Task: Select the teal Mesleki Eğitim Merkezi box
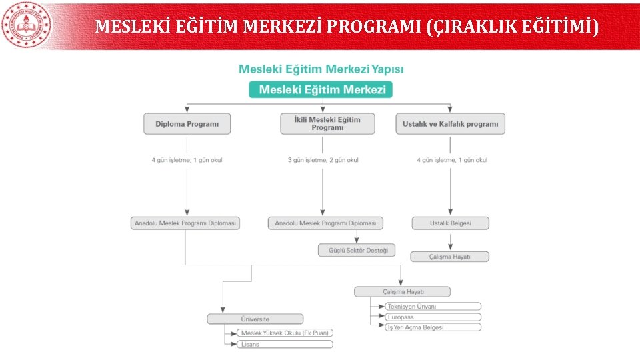click(x=321, y=90)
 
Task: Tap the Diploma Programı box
click(x=187, y=124)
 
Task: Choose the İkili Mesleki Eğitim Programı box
click(x=327, y=123)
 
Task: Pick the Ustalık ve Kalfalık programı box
click(x=450, y=124)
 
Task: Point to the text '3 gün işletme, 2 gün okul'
click(x=323, y=160)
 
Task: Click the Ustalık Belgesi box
click(x=450, y=223)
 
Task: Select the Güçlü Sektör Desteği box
click(x=357, y=250)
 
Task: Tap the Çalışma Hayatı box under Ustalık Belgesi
click(x=450, y=257)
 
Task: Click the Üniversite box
click(x=255, y=319)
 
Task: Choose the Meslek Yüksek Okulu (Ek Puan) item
click(x=285, y=333)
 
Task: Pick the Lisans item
click(x=285, y=344)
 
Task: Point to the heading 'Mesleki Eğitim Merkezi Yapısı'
click(x=321, y=69)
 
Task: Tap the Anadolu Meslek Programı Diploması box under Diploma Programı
click(x=185, y=223)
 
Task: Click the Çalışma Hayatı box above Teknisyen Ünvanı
click(x=403, y=291)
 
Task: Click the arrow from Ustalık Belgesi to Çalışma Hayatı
click(x=450, y=241)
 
